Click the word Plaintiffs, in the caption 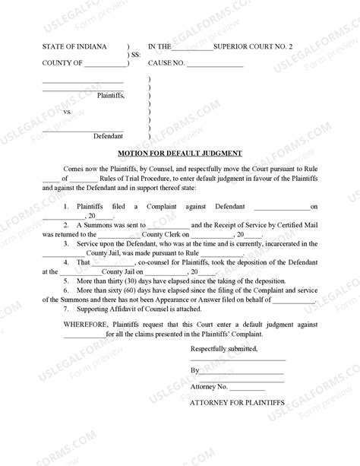point(111,96)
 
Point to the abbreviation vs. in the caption point(67,111)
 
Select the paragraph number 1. point(66,206)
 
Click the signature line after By point(242,371)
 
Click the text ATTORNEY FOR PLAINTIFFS point(236,401)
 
